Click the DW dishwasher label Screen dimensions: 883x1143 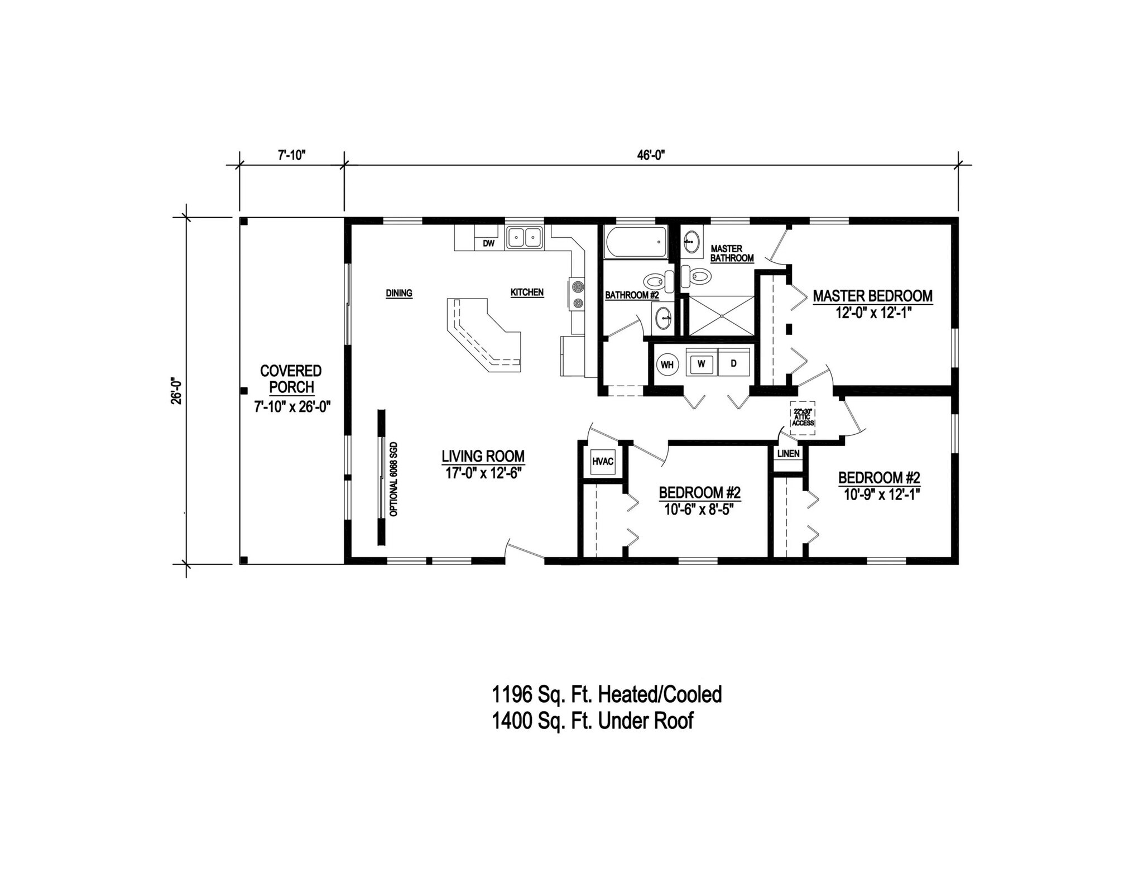pyautogui.click(x=488, y=243)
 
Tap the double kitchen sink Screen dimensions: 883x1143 pyautogui.click(x=525, y=238)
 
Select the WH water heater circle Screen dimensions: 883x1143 pyautogui.click(x=667, y=365)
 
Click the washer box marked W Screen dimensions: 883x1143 pyautogui.click(x=702, y=364)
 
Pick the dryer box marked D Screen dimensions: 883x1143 pyautogui.click(x=733, y=364)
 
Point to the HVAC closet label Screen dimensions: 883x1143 pyautogui.click(x=602, y=462)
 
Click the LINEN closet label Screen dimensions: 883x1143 pyautogui.click(x=788, y=454)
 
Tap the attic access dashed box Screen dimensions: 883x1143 pyautogui.click(x=803, y=417)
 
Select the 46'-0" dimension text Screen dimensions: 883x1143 pyautogui.click(x=651, y=156)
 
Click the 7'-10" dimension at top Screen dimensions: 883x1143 pyautogui.click(x=291, y=156)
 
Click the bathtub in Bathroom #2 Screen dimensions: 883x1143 pyautogui.click(x=636, y=243)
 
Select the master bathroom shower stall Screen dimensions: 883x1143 pyautogui.click(x=722, y=316)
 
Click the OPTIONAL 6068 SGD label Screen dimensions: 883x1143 pyautogui.click(x=393, y=479)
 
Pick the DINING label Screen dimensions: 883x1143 pyautogui.click(x=398, y=294)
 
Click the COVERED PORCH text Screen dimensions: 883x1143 pyautogui.click(x=291, y=379)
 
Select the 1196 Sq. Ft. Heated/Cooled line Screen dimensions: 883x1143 pyautogui.click(x=606, y=694)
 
